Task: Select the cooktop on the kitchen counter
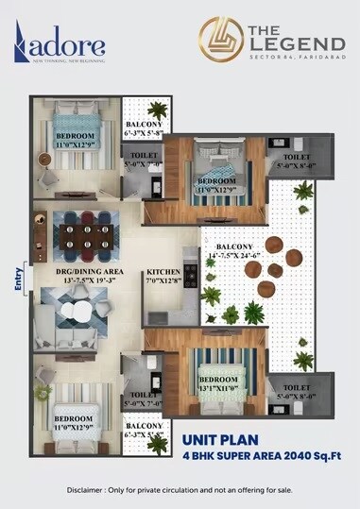click(189, 275)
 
